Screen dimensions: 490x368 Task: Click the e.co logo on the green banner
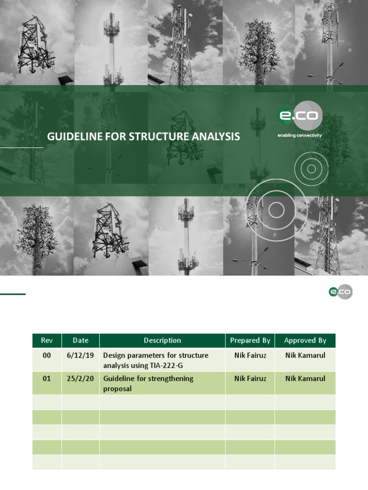click(299, 116)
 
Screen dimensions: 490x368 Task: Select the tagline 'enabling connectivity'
click(299, 135)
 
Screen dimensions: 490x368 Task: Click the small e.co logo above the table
click(340, 291)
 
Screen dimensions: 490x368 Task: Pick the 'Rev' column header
click(47, 341)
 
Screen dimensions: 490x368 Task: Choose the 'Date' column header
click(80, 341)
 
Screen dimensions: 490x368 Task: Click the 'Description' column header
click(162, 341)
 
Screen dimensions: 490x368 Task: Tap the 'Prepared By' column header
click(250, 341)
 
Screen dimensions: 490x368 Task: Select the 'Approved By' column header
click(305, 341)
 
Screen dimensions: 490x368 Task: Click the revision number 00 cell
click(46, 356)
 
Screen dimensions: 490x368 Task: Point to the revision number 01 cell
click(46, 379)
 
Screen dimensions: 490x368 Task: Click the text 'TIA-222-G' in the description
click(167, 366)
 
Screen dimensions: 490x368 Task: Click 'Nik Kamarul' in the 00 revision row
click(305, 356)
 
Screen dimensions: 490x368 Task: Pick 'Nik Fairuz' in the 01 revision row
click(250, 379)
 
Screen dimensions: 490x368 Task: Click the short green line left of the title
click(22, 148)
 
